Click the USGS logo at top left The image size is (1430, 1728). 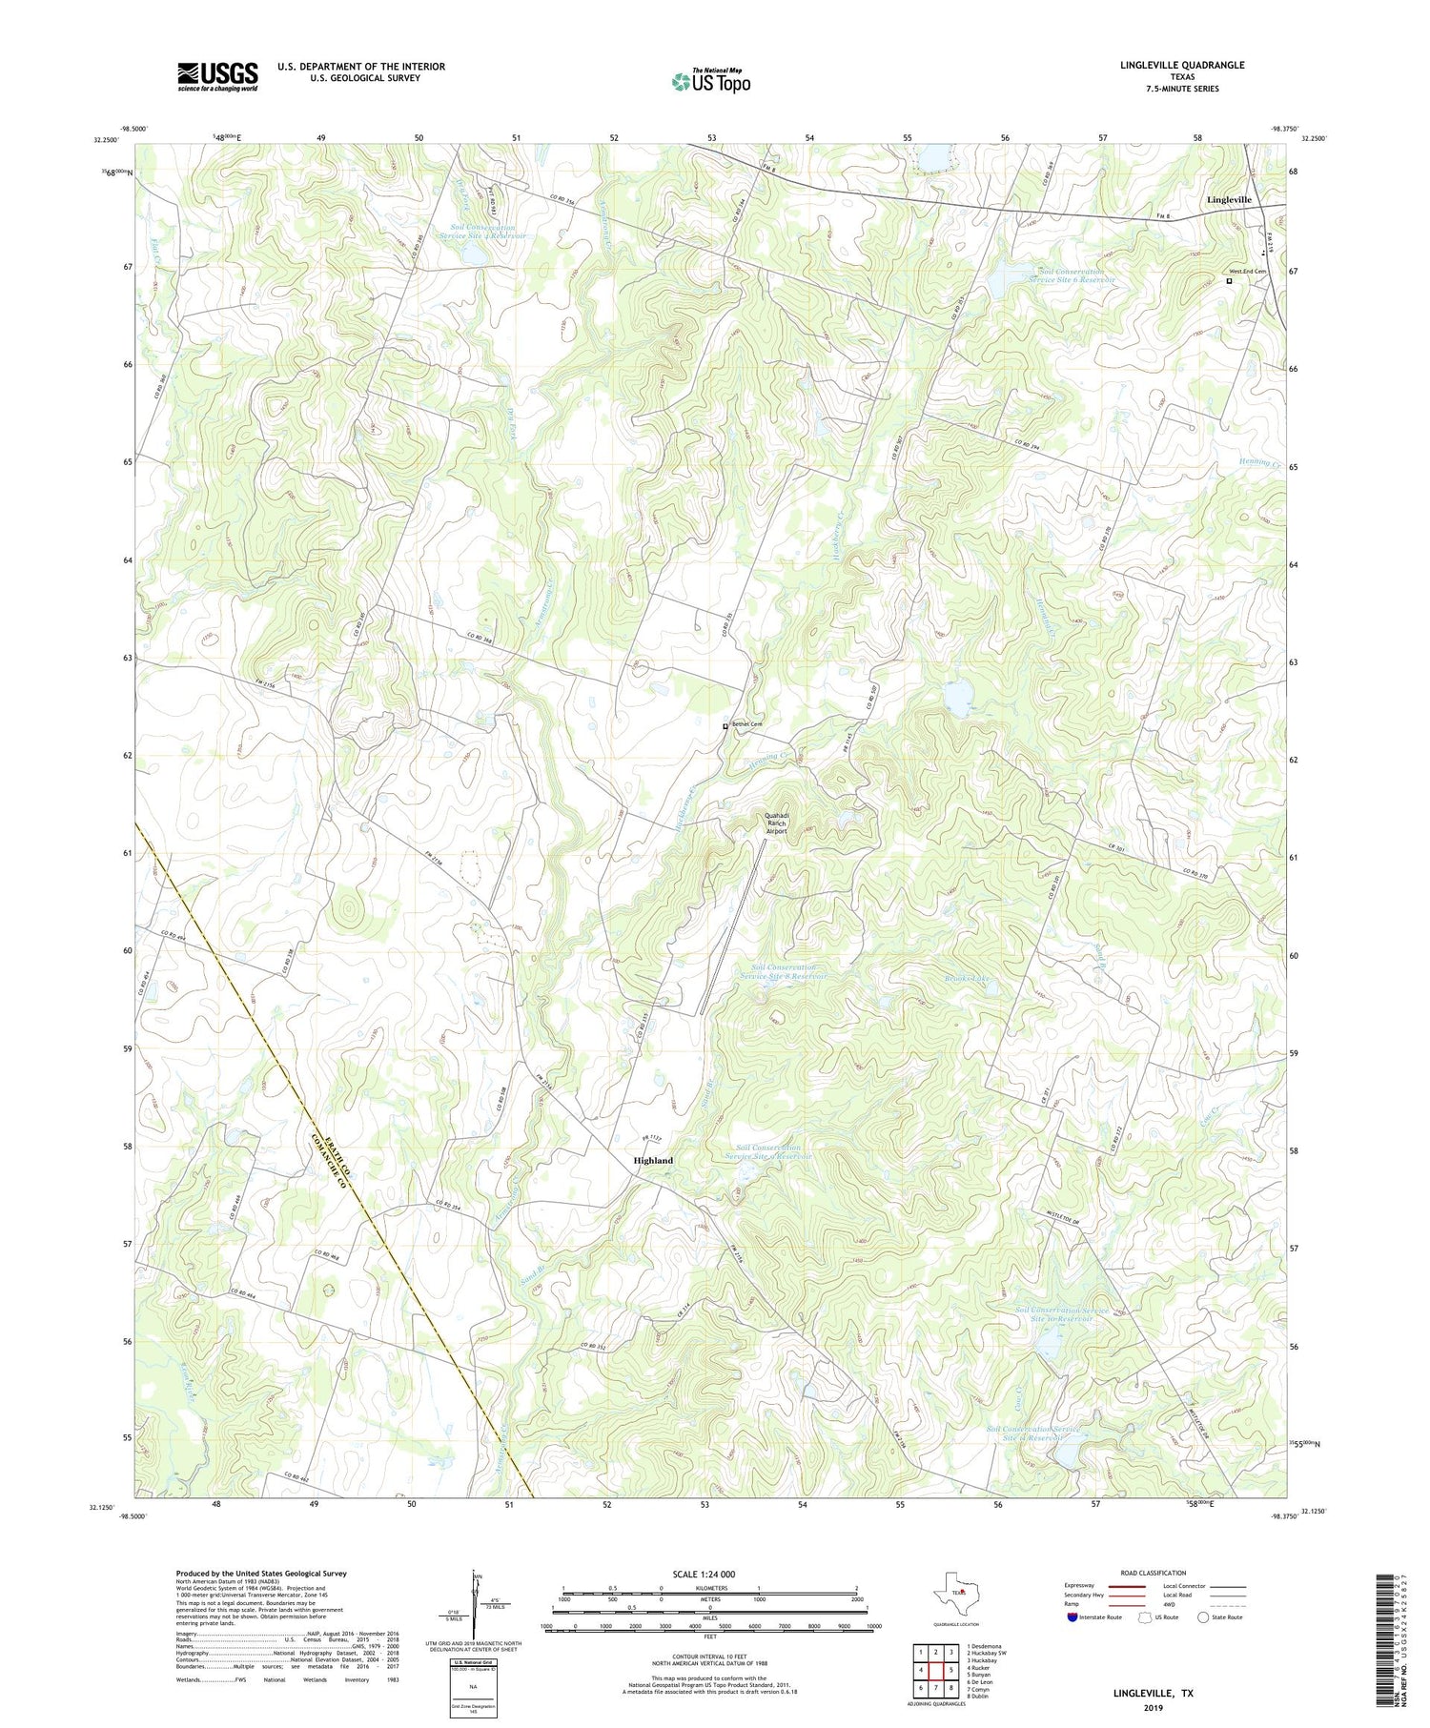(x=217, y=76)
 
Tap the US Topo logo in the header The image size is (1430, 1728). (x=710, y=82)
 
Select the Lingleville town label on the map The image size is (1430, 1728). (x=1229, y=199)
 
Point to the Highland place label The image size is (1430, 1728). (x=653, y=1160)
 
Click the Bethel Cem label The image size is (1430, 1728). (x=747, y=724)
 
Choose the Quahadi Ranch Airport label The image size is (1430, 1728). (x=777, y=823)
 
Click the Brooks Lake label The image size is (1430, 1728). (x=970, y=979)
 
